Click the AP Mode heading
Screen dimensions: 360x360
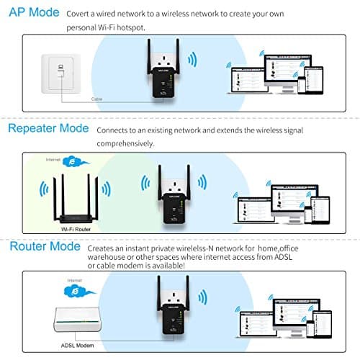point(32,14)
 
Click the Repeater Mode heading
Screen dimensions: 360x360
point(48,129)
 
